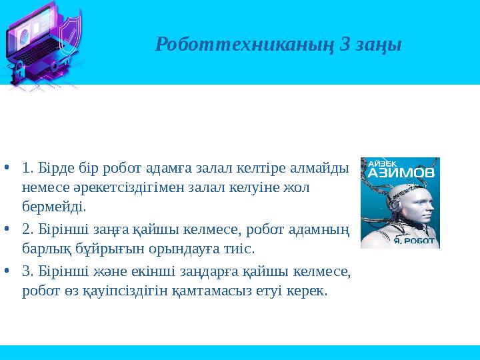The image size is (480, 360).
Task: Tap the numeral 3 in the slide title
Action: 345,45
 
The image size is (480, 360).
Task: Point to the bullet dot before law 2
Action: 6,229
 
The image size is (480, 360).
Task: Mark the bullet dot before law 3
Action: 6,272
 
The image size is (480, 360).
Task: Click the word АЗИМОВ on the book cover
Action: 400,173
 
